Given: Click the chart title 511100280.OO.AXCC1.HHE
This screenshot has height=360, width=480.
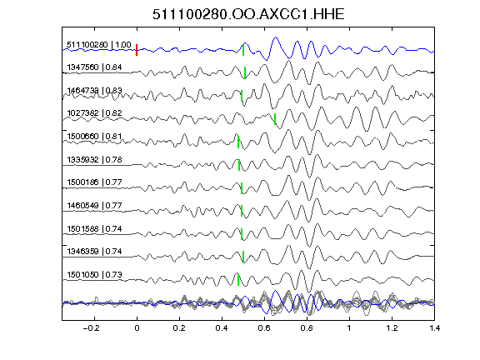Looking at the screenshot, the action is point(248,14).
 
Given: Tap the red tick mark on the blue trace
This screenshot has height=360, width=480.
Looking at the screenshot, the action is point(137,50).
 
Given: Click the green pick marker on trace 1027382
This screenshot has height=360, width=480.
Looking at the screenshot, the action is point(275,119).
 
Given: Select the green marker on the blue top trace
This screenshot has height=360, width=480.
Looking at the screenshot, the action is point(243,50).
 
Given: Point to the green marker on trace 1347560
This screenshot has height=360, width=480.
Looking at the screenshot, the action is point(245,72).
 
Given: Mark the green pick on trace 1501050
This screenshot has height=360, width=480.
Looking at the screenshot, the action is point(238,279).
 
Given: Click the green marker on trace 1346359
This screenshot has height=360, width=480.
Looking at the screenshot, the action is point(243,257).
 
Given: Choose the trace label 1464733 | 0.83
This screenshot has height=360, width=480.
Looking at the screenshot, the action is point(94,91).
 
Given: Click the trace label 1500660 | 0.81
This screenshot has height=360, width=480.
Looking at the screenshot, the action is point(94,136).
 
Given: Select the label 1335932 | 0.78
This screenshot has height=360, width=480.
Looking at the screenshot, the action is point(94,159).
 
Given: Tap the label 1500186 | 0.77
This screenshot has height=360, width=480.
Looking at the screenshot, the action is point(94,182).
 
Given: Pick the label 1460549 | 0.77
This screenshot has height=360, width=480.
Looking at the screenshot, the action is point(94,205).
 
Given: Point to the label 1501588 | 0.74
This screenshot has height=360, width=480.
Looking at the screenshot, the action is point(94,228).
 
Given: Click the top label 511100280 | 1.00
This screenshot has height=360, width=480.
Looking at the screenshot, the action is point(99,45).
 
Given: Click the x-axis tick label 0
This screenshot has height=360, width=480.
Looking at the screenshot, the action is point(137,328).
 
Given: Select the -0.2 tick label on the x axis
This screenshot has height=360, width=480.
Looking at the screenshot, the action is point(91,328).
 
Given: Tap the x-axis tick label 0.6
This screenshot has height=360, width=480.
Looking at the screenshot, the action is point(264,328).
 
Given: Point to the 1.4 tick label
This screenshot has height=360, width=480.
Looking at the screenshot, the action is point(434,328).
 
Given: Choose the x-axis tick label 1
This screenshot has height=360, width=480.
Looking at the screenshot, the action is point(349,328).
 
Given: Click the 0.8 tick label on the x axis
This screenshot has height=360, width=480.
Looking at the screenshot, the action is point(307,328).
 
